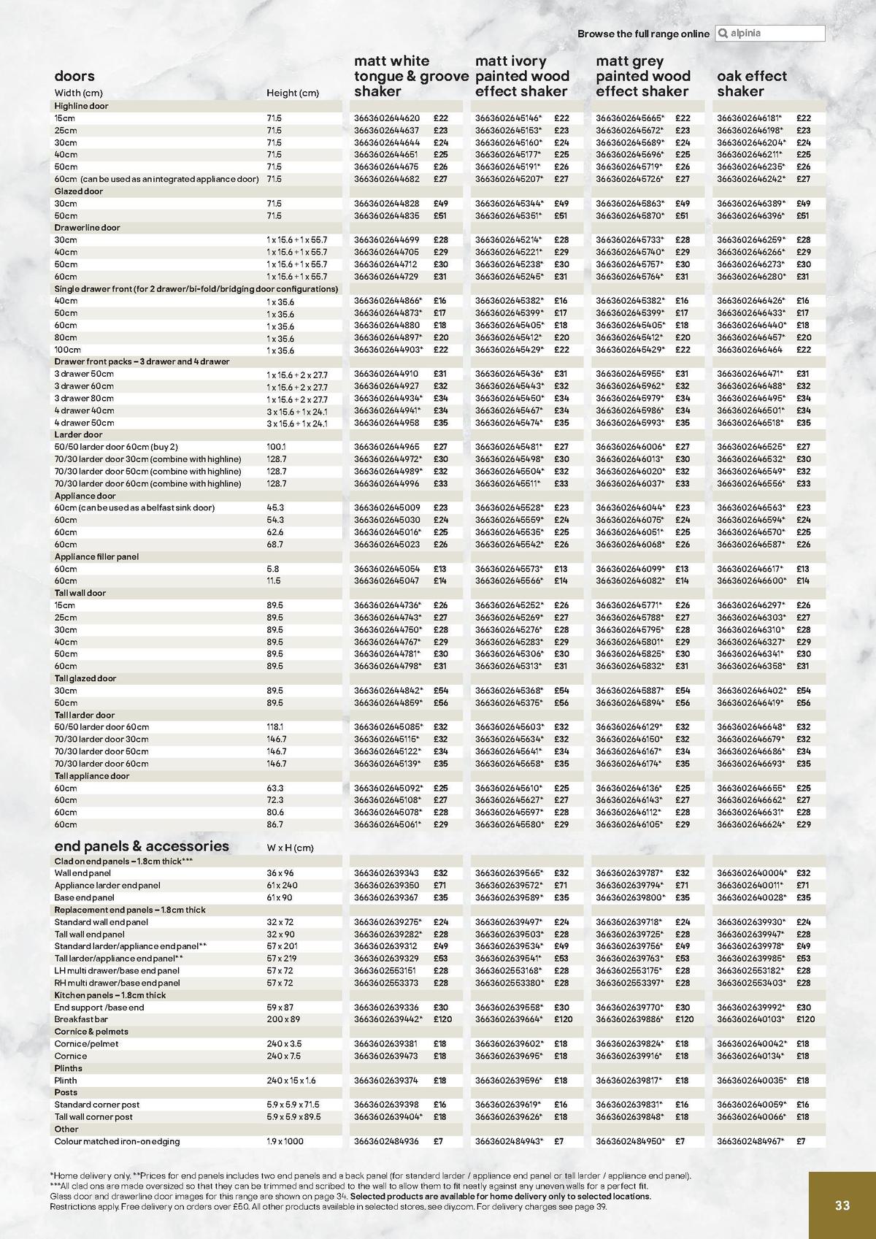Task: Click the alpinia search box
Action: click(x=769, y=34)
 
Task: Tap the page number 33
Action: click(x=842, y=1205)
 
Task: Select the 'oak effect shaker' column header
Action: click(x=751, y=83)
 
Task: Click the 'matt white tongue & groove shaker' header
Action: click(x=410, y=76)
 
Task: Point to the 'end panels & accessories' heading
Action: click(x=142, y=846)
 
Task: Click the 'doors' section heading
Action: click(x=74, y=76)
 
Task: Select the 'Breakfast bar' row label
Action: click(x=81, y=1019)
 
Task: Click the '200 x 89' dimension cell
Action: click(x=283, y=1019)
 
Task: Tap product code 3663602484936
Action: click(x=387, y=1141)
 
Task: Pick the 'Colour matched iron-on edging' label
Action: click(x=117, y=1141)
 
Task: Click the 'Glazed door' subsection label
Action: click(x=79, y=191)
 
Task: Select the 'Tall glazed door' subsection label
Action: click(x=85, y=678)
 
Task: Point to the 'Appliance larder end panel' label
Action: click(x=107, y=886)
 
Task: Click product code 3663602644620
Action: click(x=387, y=118)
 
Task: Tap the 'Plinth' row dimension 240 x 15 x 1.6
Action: click(x=291, y=1081)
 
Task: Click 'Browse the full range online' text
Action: click(x=643, y=34)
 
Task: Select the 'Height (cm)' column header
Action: click(x=293, y=93)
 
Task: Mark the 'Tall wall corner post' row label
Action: click(x=93, y=1117)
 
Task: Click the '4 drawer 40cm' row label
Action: click(x=84, y=410)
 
